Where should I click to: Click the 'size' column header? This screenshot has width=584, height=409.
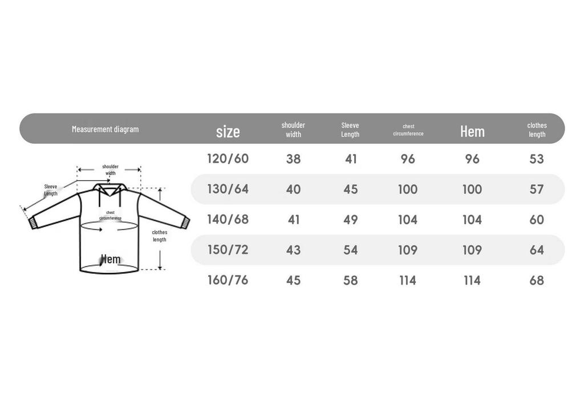[228, 132]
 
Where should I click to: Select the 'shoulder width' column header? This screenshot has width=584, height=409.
[293, 129]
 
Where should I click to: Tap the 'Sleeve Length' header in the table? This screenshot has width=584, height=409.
[350, 129]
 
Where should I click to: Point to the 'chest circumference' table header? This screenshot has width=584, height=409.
[408, 130]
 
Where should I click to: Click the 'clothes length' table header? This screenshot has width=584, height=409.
[537, 129]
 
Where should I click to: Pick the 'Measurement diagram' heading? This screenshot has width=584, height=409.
[105, 129]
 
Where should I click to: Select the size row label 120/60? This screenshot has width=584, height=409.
[228, 159]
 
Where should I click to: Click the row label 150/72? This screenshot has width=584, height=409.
[228, 250]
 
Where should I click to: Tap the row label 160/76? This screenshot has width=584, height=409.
[228, 280]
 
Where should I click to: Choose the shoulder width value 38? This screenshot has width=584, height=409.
[294, 159]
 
